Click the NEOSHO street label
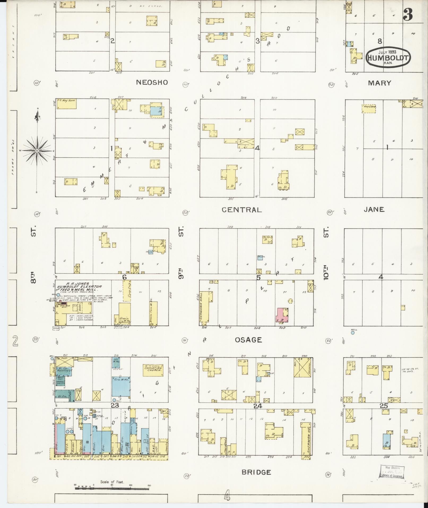[x=152, y=82]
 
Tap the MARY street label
[x=379, y=83]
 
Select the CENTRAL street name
[x=241, y=210]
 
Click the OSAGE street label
[x=248, y=340]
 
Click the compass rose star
[x=37, y=151]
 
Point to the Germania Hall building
[x=207, y=308]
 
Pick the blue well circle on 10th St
[x=353, y=332]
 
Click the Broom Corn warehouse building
[x=153, y=313]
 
